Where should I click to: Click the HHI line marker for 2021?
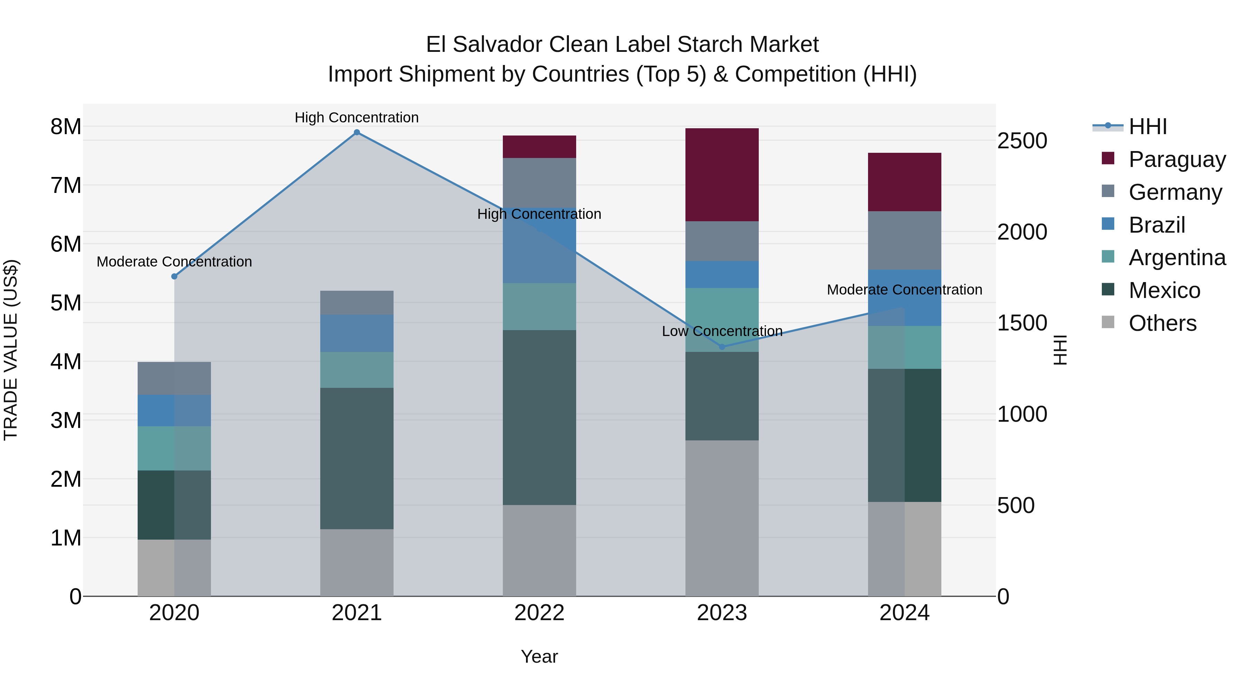[x=357, y=132]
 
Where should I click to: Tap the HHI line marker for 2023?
[x=722, y=347]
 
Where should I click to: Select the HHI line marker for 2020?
[x=175, y=276]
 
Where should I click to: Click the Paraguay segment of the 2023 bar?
[x=722, y=175]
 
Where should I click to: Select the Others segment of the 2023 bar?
[x=722, y=518]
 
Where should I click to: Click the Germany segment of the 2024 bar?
[x=904, y=241]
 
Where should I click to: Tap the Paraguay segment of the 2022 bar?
[x=539, y=147]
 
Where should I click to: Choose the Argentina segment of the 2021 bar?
[x=357, y=370]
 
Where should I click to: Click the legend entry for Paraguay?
[x=1177, y=159]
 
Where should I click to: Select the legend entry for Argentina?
[x=1177, y=258]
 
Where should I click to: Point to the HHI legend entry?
[x=1148, y=127]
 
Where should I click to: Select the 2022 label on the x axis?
[x=539, y=613]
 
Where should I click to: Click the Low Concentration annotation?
[x=722, y=332]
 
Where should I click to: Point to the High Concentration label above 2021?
[x=357, y=118]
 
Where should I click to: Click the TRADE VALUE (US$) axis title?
[x=11, y=350]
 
